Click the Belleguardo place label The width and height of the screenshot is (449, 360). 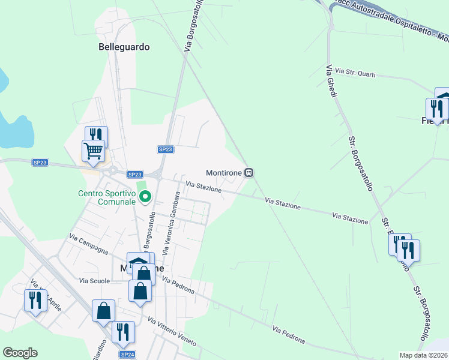tap(124, 46)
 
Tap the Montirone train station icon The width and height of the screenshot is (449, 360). tap(249, 173)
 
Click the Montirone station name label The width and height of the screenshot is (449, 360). tap(223, 173)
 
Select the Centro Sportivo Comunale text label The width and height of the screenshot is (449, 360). tap(107, 197)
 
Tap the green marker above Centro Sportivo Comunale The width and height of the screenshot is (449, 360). tap(145, 196)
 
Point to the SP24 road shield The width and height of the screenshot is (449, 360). tap(127, 355)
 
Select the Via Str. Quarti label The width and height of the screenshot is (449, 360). tap(355, 73)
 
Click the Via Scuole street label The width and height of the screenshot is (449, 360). tap(94, 281)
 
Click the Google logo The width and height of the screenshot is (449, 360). tap(20, 353)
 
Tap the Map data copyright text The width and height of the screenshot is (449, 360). tap(424, 355)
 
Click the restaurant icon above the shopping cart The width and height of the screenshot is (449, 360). tap(96, 136)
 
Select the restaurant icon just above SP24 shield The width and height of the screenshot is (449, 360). tap(123, 331)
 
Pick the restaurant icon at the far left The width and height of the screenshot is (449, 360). tap(35, 299)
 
